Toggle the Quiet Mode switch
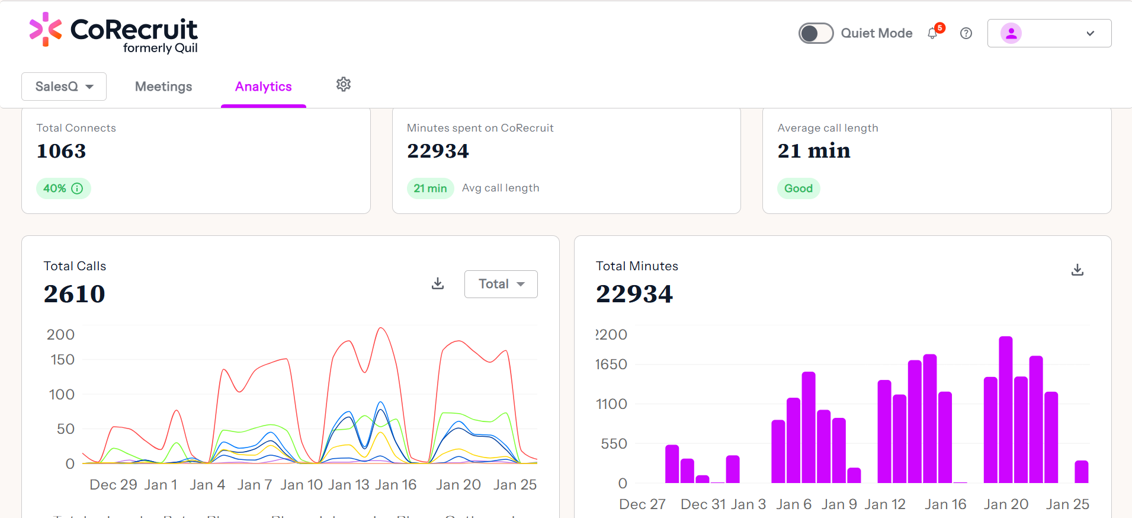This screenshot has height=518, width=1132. pyautogui.click(x=816, y=33)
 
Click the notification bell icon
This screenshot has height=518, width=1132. pyautogui.click(x=933, y=33)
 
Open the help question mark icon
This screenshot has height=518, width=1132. pyautogui.click(x=966, y=33)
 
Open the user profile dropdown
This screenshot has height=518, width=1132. pyautogui.click(x=1049, y=33)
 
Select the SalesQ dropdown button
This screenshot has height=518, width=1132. pyautogui.click(x=64, y=87)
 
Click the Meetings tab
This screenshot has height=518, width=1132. pyautogui.click(x=163, y=87)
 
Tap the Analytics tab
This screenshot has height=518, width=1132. pyautogui.click(x=264, y=87)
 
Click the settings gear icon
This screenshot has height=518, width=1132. pyautogui.click(x=344, y=84)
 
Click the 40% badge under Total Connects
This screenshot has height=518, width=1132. pyautogui.click(x=63, y=188)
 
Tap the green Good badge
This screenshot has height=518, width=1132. pyautogui.click(x=799, y=188)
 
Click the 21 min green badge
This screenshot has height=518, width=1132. pyautogui.click(x=430, y=188)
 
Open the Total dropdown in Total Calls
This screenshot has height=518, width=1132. pyautogui.click(x=501, y=284)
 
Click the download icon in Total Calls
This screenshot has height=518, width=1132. pyautogui.click(x=438, y=283)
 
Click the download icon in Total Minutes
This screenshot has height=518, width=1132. pyautogui.click(x=1078, y=270)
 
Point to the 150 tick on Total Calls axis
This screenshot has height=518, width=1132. pyautogui.click(x=62, y=360)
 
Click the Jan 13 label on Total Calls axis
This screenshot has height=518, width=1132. pyautogui.click(x=349, y=485)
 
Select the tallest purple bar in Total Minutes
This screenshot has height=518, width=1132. pyautogui.click(x=1005, y=409)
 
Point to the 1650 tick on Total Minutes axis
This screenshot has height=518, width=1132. pyautogui.click(x=611, y=364)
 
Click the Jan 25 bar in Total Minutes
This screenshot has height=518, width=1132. pyautogui.click(x=1081, y=472)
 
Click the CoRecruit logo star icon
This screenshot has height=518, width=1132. pyautogui.click(x=46, y=29)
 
